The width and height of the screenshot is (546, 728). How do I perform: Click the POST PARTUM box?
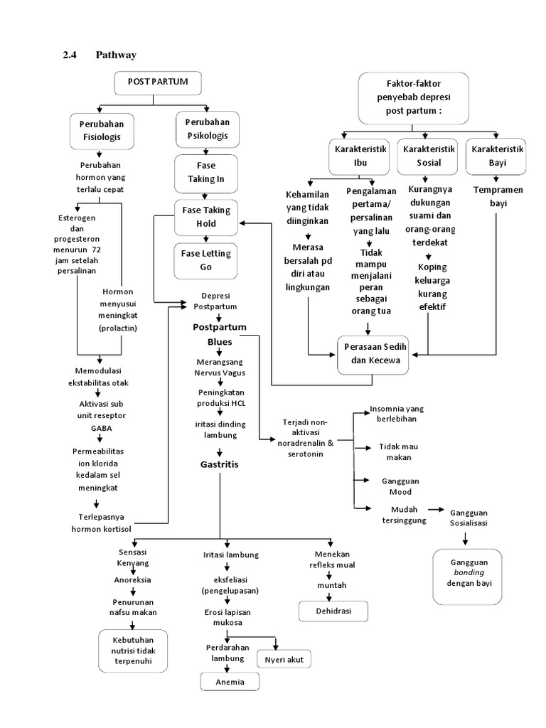[158, 82]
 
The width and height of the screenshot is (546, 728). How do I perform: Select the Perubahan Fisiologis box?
[105, 130]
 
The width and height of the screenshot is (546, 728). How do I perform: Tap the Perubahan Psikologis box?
[207, 129]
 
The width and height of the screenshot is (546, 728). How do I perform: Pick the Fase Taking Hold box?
[206, 217]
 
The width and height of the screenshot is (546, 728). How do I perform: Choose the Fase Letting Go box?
[206, 260]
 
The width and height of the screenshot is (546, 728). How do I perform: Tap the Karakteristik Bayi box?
[496, 157]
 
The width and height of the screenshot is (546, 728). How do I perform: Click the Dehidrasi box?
[333, 611]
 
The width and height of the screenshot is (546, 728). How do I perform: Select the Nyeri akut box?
[284, 660]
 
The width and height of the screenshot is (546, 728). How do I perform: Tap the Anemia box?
[229, 682]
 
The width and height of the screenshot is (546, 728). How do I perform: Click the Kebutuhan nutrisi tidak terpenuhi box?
[133, 650]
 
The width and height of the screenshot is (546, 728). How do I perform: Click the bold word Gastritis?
[220, 464]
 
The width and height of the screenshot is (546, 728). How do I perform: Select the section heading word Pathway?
[116, 55]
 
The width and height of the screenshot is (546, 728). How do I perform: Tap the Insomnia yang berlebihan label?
[396, 414]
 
